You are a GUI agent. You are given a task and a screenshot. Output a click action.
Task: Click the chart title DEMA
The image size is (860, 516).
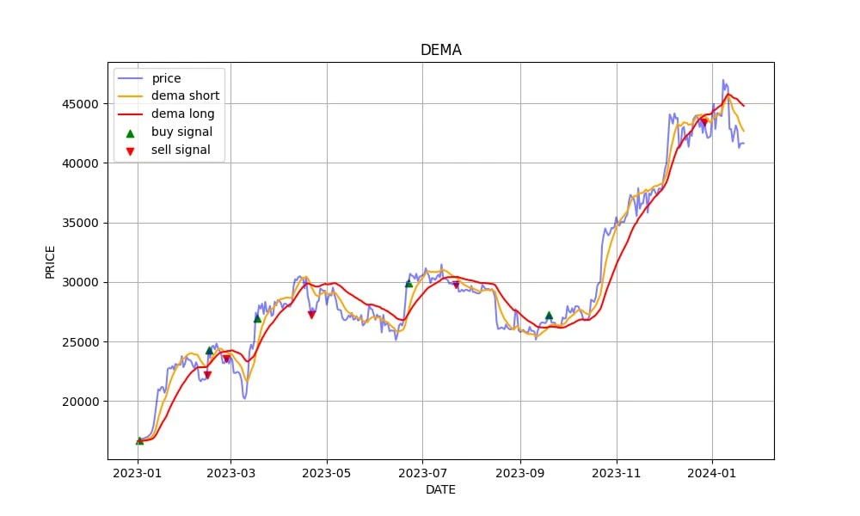[440, 50]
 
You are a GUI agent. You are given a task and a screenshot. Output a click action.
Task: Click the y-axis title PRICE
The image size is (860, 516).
[51, 261]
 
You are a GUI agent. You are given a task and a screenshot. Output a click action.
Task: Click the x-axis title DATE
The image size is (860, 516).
[440, 490]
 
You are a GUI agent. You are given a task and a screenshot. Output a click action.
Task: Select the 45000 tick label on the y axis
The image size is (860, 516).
[83, 104]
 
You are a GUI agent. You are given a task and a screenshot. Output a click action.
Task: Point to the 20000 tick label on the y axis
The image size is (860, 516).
[83, 402]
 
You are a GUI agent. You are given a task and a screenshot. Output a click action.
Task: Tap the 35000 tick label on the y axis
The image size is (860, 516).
[83, 223]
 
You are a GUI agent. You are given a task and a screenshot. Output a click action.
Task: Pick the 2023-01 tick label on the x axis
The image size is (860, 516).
[138, 472]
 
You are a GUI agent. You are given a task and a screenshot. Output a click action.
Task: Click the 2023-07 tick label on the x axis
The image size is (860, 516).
[423, 472]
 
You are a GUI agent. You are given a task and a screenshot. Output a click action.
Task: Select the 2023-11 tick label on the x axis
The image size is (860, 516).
[617, 472]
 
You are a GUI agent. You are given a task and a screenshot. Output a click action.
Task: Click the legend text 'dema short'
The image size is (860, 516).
[185, 96]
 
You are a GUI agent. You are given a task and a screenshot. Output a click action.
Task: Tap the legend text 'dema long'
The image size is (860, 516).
[182, 114]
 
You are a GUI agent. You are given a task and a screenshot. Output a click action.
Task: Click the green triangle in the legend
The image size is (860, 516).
[131, 132]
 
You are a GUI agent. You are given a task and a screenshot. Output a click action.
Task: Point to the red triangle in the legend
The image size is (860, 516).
[131, 150]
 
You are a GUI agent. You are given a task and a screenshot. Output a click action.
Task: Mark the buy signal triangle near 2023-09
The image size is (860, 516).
[549, 316]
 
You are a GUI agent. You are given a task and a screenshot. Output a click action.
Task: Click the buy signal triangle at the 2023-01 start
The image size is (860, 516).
[139, 440]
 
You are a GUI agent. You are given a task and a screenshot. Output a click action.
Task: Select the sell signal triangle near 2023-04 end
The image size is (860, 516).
[311, 315]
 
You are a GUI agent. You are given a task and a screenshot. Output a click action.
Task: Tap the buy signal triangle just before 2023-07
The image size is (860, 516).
[408, 283]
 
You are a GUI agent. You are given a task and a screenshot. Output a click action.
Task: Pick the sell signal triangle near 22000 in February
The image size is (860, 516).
[207, 375]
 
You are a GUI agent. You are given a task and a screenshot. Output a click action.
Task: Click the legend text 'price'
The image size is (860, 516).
[166, 78]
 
